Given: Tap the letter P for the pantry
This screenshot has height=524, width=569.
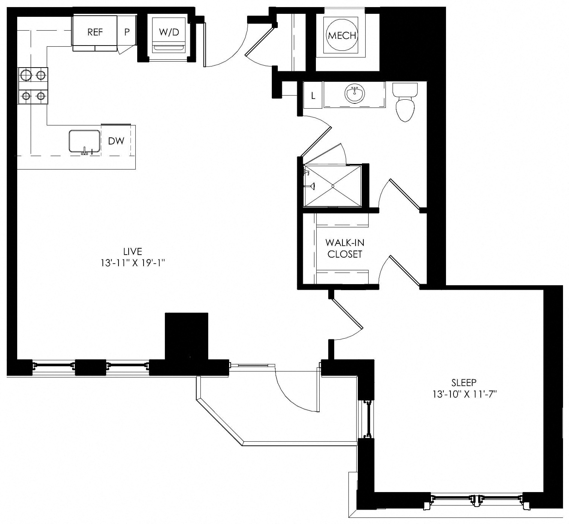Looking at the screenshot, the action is [x=127, y=32].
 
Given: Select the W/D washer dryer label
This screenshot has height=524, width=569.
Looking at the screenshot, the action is [x=169, y=32].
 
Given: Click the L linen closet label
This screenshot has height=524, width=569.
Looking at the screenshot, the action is [x=313, y=96].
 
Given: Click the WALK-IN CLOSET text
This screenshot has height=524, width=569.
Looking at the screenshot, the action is [x=345, y=248].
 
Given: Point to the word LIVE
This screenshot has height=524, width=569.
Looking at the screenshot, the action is [x=133, y=251].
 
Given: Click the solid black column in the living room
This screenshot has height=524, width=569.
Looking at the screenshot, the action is [x=187, y=336].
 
